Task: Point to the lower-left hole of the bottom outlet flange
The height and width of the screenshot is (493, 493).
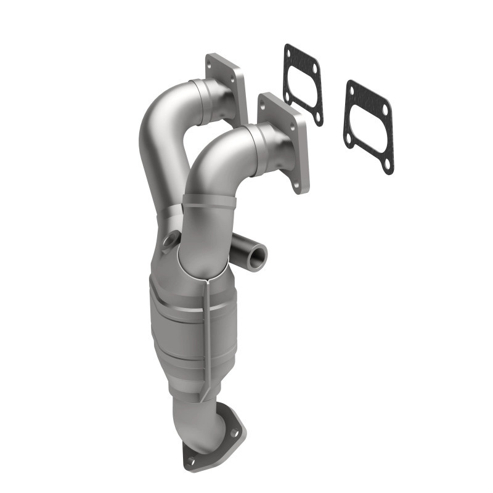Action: (x=191, y=460)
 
